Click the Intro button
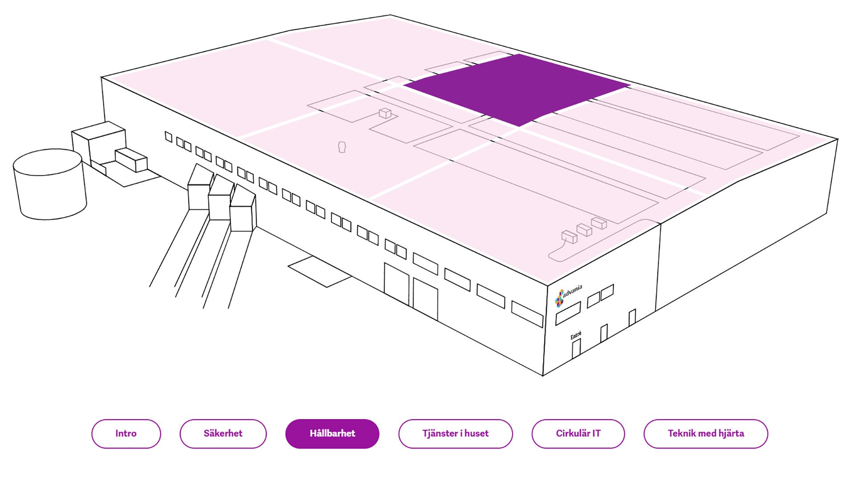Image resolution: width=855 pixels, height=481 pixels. (x=126, y=433)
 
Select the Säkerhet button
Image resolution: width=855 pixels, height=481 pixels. (x=223, y=433)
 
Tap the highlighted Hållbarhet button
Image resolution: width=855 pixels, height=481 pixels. (x=332, y=433)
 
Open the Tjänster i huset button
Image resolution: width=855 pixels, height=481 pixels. (x=456, y=433)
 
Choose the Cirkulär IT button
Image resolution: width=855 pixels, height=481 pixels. (x=578, y=433)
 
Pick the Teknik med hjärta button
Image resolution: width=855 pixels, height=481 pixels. (x=706, y=433)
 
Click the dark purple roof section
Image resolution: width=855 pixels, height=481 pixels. (x=517, y=89)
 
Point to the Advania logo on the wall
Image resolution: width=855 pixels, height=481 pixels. (x=568, y=295)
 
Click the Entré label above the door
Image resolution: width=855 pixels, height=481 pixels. (x=576, y=335)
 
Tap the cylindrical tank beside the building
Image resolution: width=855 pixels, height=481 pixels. (x=50, y=184)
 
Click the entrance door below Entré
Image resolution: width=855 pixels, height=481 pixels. (x=576, y=349)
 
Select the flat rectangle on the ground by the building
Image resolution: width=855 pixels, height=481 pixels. (x=320, y=271)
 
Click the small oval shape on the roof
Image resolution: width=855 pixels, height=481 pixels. (x=342, y=147)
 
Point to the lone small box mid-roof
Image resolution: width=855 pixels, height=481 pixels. (x=385, y=113)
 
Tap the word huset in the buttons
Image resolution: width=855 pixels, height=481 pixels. (x=476, y=433)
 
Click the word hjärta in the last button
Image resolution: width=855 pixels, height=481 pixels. (x=730, y=433)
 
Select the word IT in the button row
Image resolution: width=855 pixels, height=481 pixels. (x=596, y=433)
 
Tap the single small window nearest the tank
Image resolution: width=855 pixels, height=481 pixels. (x=168, y=137)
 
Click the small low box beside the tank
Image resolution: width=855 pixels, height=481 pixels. (x=131, y=160)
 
